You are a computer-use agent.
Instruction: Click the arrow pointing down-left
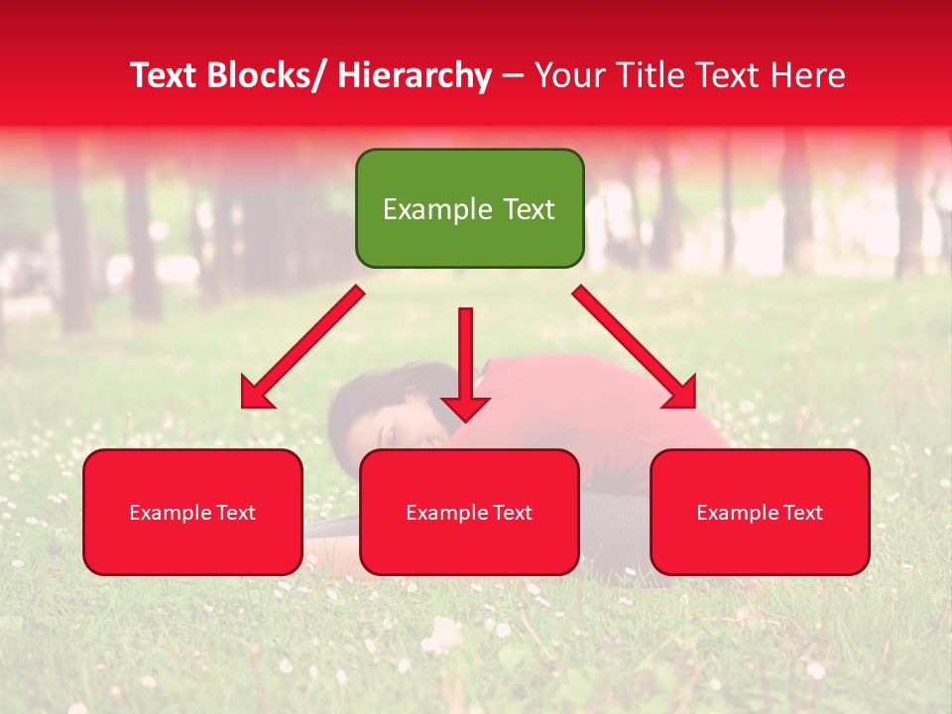pos(301,348)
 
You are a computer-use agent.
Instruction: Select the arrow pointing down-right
pos(635,348)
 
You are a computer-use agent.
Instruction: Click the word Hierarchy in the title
pos(414,75)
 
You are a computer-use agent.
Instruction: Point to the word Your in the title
pos(568,75)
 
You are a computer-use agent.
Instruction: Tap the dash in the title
pos(513,75)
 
